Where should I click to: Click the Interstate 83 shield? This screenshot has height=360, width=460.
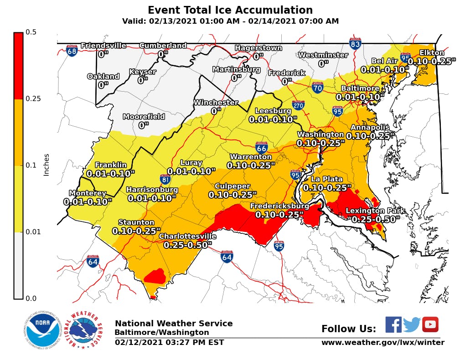click(x=355, y=44)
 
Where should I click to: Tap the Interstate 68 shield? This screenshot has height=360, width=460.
click(x=72, y=51)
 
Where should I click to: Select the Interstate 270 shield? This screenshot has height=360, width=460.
click(x=298, y=105)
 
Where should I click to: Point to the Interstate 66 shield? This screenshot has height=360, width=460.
click(x=261, y=147)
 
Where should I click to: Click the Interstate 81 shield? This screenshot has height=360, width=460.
click(x=165, y=180)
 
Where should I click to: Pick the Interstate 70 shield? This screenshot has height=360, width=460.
click(x=318, y=87)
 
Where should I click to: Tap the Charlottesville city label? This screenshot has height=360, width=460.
click(x=187, y=237)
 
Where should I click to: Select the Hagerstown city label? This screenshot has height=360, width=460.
click(x=258, y=48)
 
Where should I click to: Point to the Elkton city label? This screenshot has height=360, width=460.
click(x=432, y=53)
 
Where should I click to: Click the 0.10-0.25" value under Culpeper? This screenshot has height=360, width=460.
click(x=233, y=195)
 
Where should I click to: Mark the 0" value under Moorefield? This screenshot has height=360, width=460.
click(x=144, y=125)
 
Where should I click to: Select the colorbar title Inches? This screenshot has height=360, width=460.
click(x=46, y=165)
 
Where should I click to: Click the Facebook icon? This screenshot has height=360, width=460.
click(x=393, y=324)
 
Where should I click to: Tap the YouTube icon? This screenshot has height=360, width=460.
click(x=430, y=324)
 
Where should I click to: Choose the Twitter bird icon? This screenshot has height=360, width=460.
click(x=412, y=325)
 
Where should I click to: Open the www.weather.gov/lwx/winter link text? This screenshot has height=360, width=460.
click(x=382, y=343)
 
